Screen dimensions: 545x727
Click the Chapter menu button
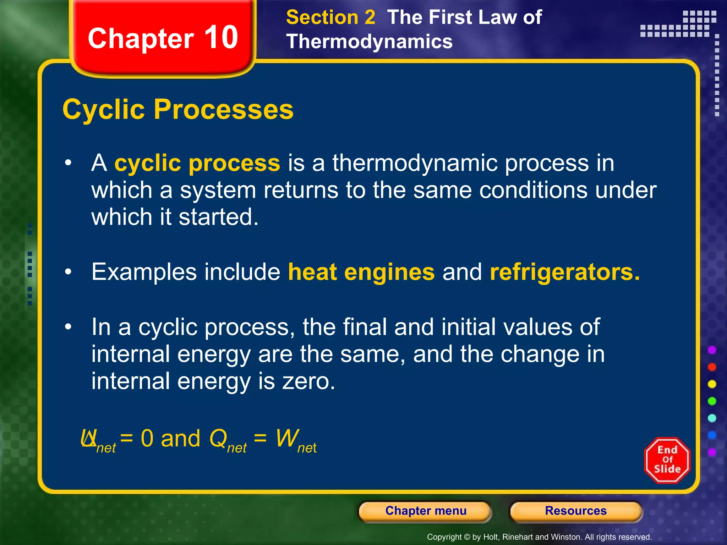[425, 511]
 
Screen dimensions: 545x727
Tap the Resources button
[575, 511]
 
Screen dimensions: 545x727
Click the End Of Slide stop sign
[667, 460]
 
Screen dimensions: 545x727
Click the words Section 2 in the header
[330, 17]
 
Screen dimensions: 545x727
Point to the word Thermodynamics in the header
[369, 42]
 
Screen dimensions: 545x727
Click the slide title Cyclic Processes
[178, 109]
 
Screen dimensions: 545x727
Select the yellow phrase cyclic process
[197, 163]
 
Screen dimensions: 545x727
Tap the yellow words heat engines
[361, 272]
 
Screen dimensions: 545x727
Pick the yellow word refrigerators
[564, 272]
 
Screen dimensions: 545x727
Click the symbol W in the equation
[287, 438]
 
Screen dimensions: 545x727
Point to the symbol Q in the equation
[218, 438]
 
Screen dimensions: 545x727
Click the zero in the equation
[147, 439]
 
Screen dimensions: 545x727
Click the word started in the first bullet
[218, 217]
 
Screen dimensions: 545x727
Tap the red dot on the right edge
[712, 367]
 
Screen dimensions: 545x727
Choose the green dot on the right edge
[712, 401]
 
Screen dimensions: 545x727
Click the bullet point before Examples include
[68, 272]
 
